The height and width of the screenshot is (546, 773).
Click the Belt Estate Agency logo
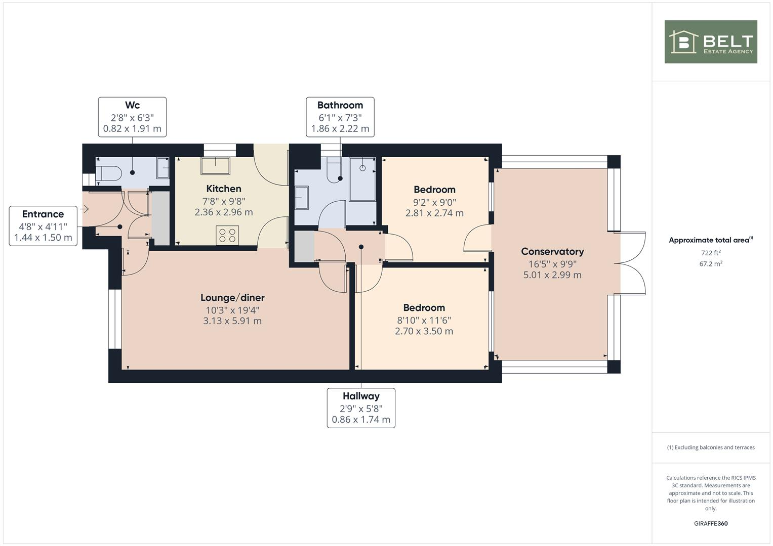(710, 42)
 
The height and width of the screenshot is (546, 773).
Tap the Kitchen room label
(224, 189)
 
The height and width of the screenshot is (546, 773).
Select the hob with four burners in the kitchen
(227, 235)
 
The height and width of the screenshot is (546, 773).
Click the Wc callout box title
(132, 105)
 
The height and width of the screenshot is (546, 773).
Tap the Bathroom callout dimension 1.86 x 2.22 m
(340, 128)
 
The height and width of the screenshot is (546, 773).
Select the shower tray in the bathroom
(362, 178)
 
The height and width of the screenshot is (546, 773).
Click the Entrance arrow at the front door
(85, 209)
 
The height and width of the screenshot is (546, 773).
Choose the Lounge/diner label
(232, 298)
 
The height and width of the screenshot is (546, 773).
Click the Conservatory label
(552, 251)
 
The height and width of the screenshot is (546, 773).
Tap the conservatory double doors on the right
(631, 263)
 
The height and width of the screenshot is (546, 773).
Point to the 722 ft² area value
(710, 253)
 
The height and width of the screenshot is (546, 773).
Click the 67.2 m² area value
(710, 264)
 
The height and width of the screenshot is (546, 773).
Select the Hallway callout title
(361, 396)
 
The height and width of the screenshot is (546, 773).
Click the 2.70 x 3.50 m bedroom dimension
(424, 331)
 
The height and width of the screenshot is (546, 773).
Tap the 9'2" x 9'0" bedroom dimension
(434, 202)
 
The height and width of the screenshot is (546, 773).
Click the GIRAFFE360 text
(710, 523)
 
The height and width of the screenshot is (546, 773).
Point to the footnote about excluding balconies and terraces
(710, 447)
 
